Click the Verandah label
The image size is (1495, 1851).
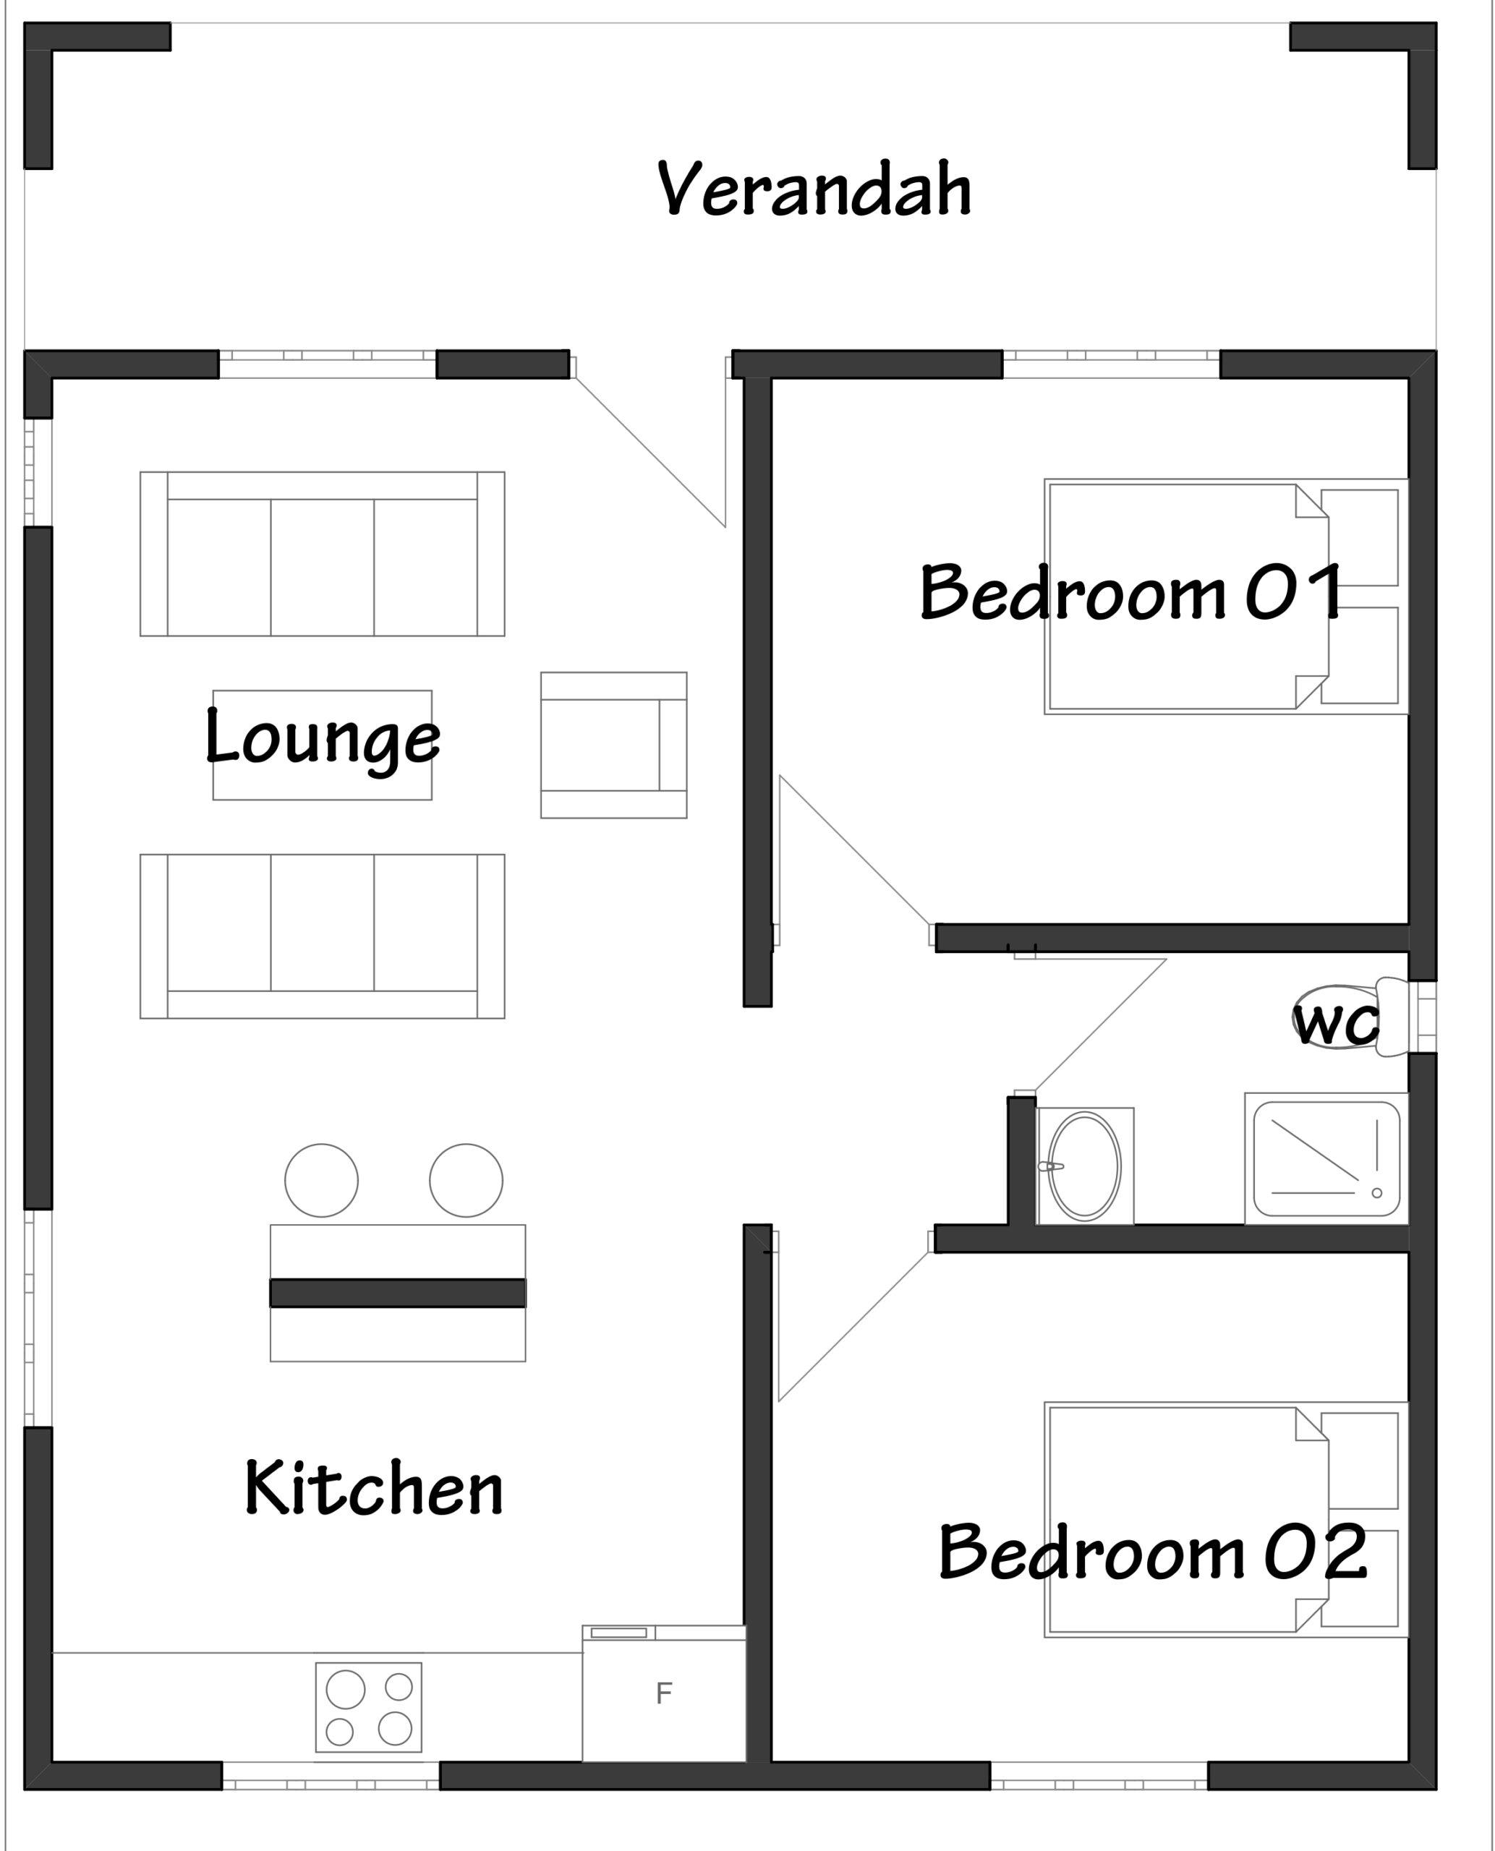click(814, 189)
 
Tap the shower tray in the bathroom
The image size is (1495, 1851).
click(1326, 1158)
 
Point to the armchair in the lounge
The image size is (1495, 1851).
click(613, 745)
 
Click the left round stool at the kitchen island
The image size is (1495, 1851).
click(321, 1180)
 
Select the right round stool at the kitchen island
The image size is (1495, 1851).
click(466, 1180)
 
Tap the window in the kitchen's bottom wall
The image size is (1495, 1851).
click(331, 1775)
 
